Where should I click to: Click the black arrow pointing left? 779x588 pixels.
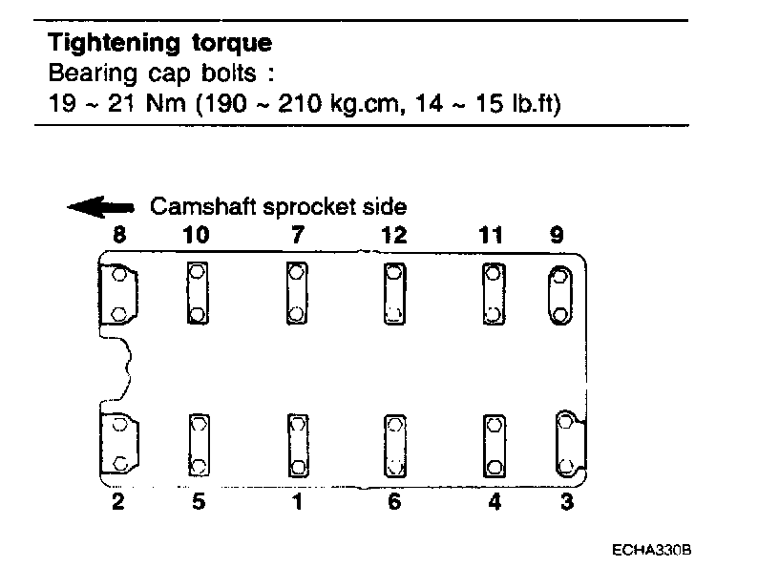click(x=100, y=207)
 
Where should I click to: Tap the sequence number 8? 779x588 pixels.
click(x=117, y=234)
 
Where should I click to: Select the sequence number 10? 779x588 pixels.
click(x=197, y=234)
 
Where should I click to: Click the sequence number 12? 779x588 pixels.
click(x=393, y=234)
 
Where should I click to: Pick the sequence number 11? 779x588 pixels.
click(x=491, y=234)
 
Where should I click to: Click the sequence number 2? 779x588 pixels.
click(x=117, y=502)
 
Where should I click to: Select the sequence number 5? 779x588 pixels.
click(x=198, y=502)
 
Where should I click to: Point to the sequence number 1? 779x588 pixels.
click(x=297, y=502)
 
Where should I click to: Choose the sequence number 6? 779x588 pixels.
click(x=394, y=502)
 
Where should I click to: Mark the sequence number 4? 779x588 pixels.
click(x=494, y=502)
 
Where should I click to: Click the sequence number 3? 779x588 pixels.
click(x=566, y=502)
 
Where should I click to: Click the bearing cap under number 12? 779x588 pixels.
click(x=393, y=293)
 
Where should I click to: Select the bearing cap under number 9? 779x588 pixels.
click(x=559, y=295)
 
